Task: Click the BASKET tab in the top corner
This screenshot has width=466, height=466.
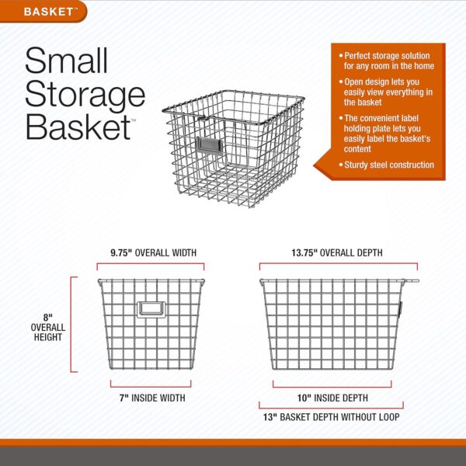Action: tap(43, 12)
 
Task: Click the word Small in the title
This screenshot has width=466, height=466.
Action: tap(66, 61)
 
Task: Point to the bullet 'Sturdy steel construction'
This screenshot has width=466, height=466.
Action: tap(387, 165)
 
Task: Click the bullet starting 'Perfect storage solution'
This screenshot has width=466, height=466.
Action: tap(387, 61)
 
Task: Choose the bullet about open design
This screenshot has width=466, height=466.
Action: tap(386, 92)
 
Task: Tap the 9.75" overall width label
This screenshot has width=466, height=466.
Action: tap(153, 253)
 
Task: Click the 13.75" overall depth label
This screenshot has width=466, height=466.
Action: tap(337, 253)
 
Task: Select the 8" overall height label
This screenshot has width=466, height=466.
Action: tap(48, 327)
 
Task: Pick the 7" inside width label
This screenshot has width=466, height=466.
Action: tap(152, 398)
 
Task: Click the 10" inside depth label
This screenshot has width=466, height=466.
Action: tap(332, 398)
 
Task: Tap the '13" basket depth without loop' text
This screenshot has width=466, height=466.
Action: tap(331, 417)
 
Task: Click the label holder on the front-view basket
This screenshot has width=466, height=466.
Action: tap(151, 309)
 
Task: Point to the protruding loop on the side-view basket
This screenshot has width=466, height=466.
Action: tap(411, 280)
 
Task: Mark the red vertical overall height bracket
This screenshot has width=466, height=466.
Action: tap(71, 324)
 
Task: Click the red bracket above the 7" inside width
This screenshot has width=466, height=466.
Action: tap(151, 387)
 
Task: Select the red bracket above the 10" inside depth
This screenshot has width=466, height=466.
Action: tap(332, 387)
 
